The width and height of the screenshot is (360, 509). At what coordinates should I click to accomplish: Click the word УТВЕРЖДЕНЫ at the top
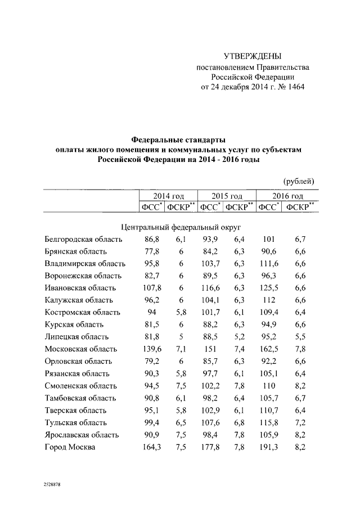pos(253,56)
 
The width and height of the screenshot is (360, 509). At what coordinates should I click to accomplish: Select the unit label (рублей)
pos(299,181)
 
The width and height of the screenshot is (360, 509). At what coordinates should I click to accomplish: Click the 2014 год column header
pos(169,196)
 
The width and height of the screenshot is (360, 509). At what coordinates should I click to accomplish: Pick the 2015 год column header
pos(227,196)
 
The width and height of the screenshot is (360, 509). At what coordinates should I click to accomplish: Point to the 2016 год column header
pos(286,196)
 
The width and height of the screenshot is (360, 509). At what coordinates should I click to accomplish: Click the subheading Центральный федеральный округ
pos(181,227)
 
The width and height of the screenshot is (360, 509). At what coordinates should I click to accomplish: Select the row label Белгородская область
pos(82,240)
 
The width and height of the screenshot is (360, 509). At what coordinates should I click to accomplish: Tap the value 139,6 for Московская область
pos(151,349)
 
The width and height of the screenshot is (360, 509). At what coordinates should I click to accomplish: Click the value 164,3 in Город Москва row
pos(151,447)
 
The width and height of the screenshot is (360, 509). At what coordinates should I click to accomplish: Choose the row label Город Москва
pos(70,447)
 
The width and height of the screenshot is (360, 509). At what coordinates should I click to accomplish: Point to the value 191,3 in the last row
pos(269,447)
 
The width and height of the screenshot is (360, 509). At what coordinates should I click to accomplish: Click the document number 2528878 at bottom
pos(52,484)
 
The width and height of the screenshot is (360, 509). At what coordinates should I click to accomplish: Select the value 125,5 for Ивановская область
pos(269,288)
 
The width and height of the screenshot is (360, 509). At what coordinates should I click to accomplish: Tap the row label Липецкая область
pos(77,337)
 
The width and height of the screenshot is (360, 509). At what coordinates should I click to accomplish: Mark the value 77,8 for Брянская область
pos(151,251)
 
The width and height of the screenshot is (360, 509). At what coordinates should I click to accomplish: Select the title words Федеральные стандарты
pos(178,138)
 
